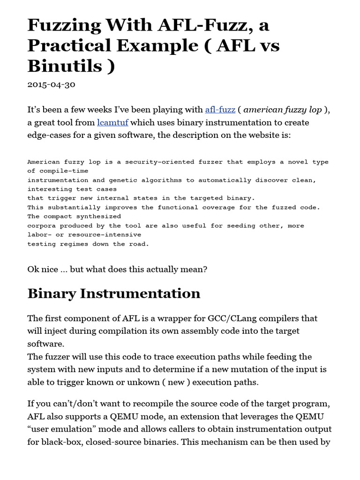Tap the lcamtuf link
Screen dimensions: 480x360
click(112, 123)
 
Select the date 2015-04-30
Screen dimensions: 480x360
click(51, 85)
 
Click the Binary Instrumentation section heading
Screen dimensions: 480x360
click(114, 293)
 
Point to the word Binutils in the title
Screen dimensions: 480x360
click(65, 66)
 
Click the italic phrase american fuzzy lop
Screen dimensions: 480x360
click(283, 110)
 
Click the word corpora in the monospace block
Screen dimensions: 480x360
click(41, 225)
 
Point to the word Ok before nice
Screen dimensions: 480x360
click(34, 269)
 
